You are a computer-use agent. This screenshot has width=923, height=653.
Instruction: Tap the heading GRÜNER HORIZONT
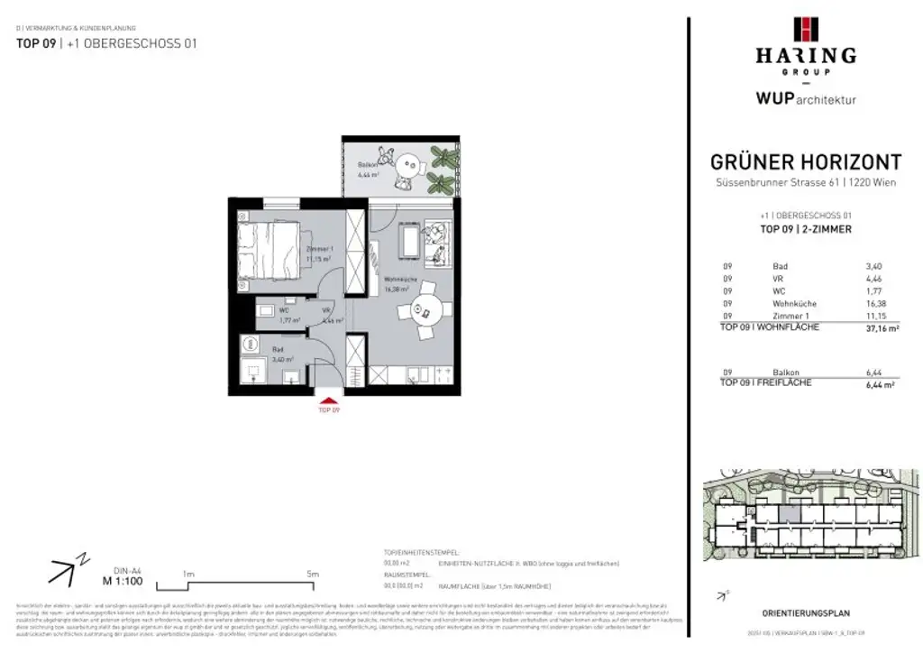806,162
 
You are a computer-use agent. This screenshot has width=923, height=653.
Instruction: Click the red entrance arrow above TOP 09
328,400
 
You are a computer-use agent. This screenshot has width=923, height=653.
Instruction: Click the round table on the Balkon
405,165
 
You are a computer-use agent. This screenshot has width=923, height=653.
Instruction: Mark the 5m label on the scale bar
313,574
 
